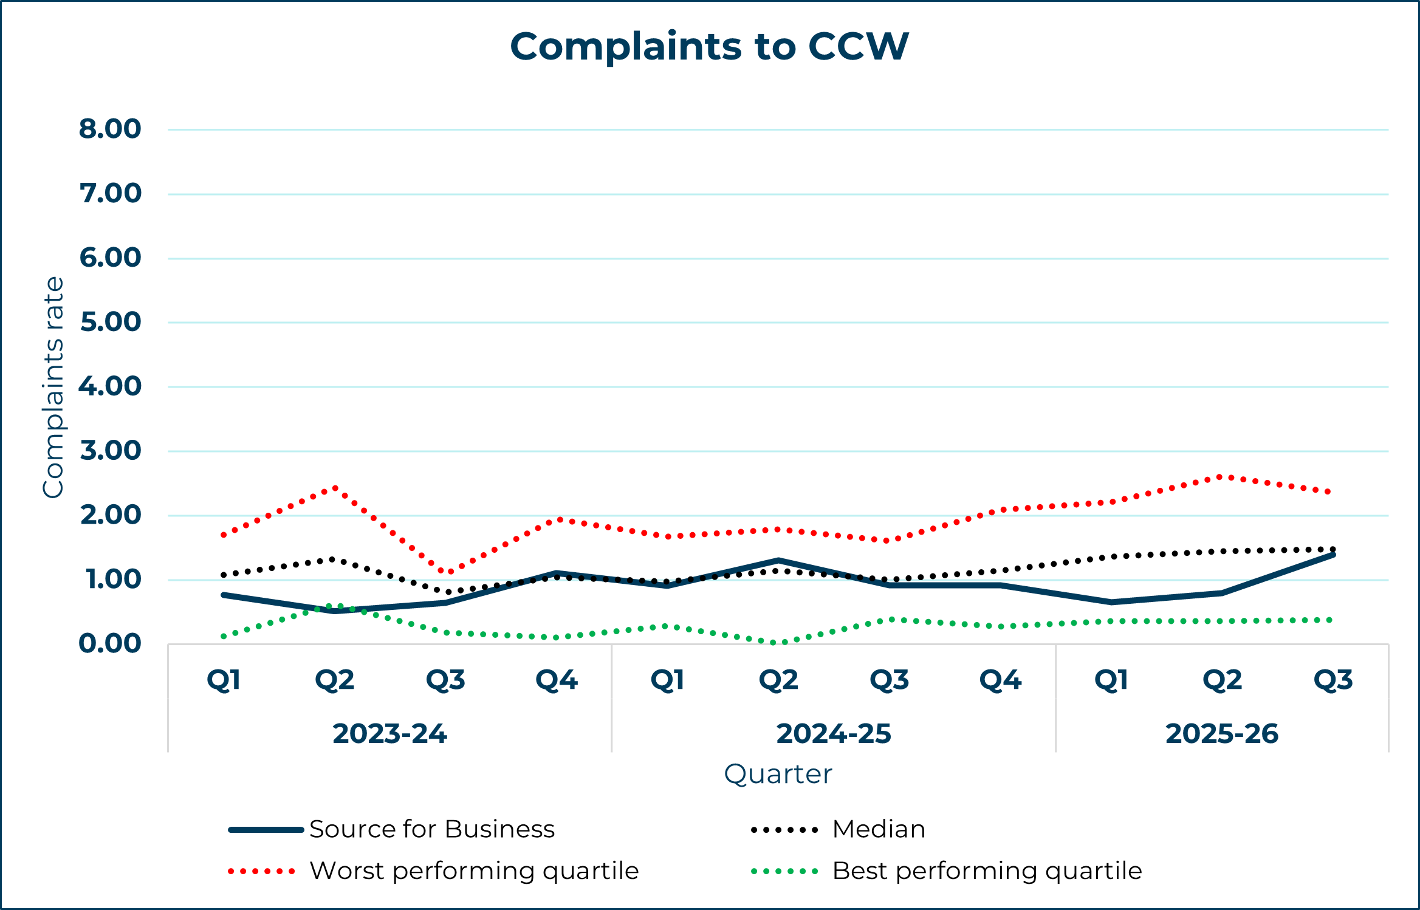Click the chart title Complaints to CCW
pos(709,47)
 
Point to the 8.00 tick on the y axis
pos(110,129)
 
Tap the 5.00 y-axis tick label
pos(110,322)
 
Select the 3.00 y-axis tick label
pos(110,451)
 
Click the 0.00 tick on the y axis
pos(110,644)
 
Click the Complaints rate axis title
pos(53,387)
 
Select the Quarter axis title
pos(778,775)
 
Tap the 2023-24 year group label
pos(389,734)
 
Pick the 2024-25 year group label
pos(834,734)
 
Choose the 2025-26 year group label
pos(1222,734)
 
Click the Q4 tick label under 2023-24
pos(557,680)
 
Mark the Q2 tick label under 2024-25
pos(778,680)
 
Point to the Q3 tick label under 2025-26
pos(1333,680)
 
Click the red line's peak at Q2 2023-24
pos(335,488)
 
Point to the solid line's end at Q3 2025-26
pos(1333,555)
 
